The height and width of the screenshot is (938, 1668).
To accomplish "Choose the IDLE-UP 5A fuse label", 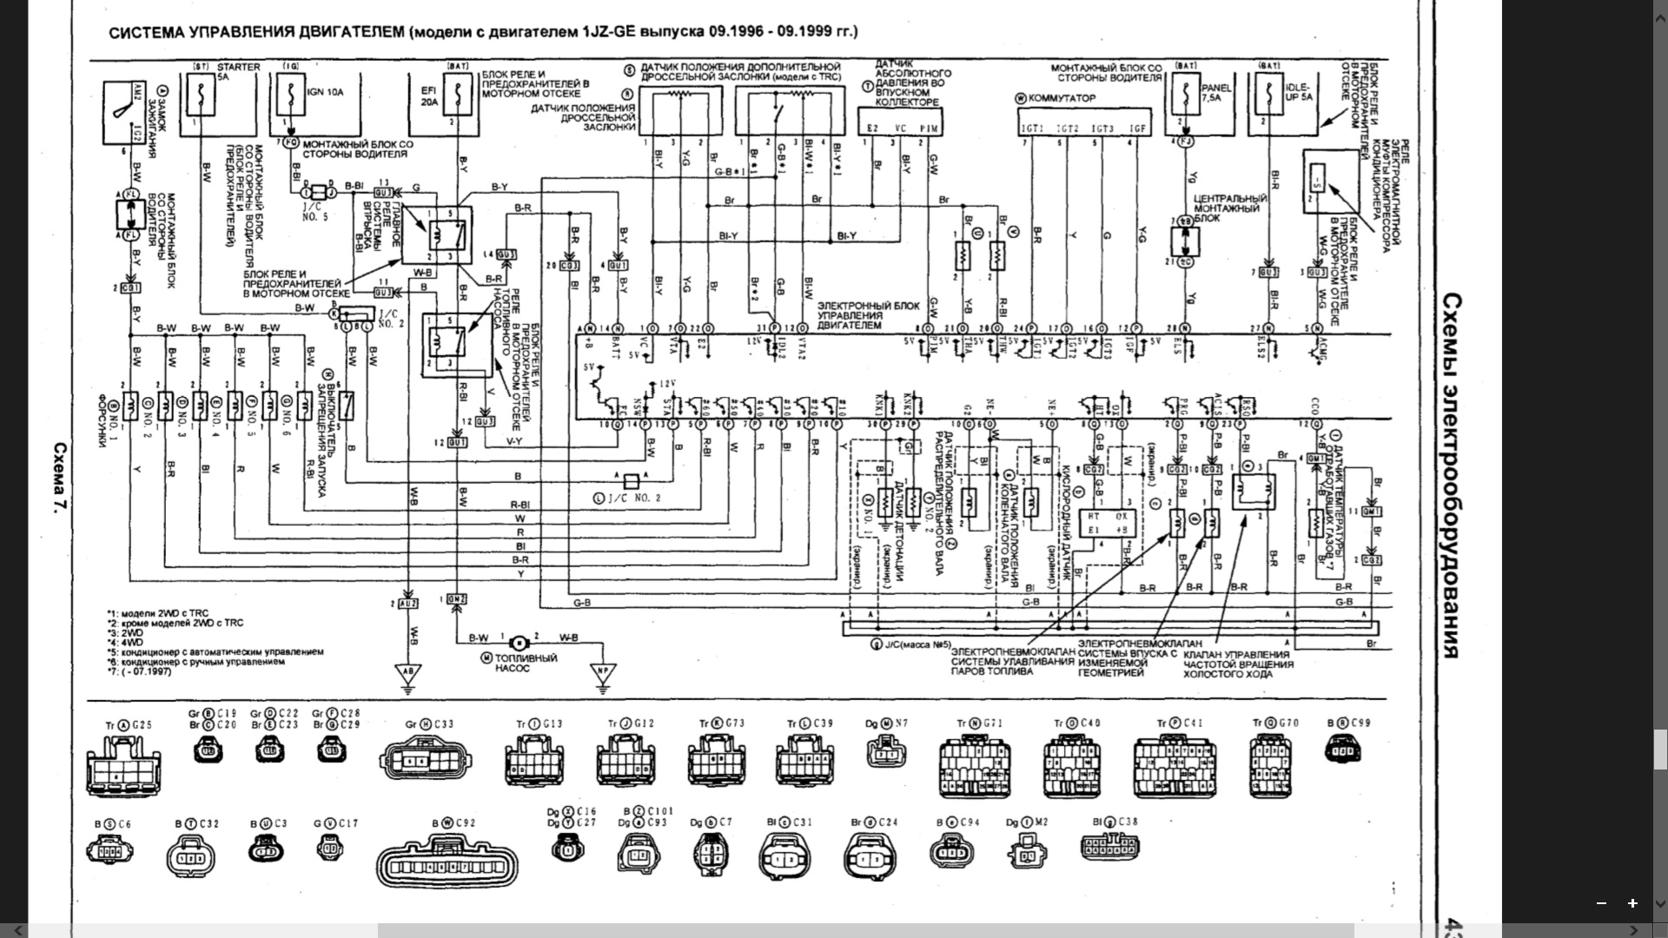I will [x=1301, y=93].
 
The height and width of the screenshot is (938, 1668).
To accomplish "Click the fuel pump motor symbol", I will [x=519, y=644].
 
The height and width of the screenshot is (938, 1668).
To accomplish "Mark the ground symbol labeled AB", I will [x=407, y=672].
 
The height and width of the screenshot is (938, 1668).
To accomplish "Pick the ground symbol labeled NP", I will [x=601, y=672].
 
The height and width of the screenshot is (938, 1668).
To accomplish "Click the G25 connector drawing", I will [x=123, y=764].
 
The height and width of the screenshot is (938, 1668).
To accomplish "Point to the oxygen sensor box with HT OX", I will [x=1105, y=523].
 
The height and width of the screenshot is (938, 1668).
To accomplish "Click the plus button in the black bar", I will [x=1632, y=903].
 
